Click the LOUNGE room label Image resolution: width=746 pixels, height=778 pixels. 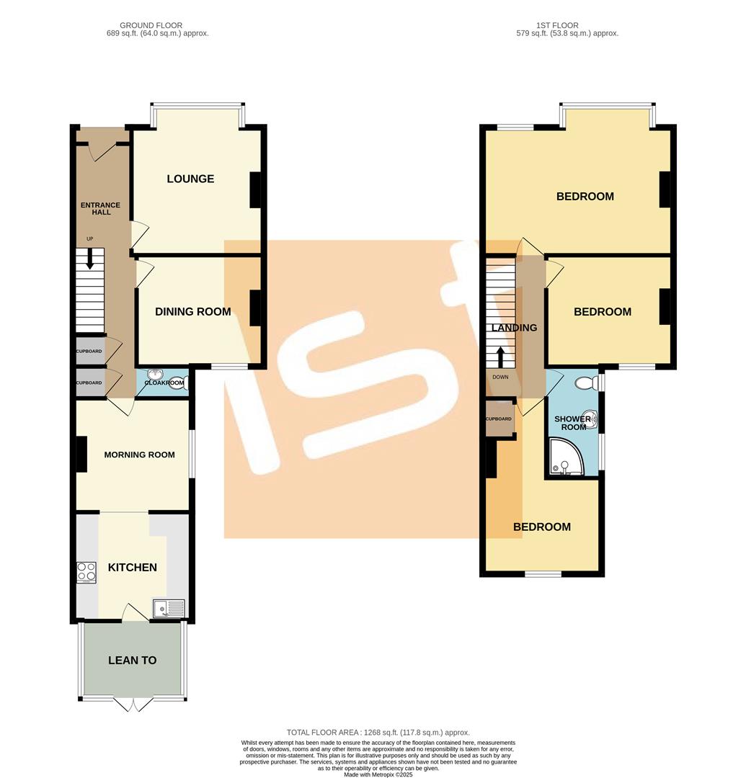190,179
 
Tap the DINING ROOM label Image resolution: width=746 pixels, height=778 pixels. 193,311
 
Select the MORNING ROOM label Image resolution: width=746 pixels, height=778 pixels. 139,455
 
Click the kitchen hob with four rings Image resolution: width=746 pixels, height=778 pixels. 86,572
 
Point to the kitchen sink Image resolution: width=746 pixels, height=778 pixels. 169,609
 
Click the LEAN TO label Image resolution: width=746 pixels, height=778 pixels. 132,660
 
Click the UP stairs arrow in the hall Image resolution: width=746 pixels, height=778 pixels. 90,258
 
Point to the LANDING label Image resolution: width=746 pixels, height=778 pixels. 514,328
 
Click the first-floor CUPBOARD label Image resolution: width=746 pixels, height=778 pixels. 498,419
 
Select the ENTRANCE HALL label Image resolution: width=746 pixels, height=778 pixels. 100,209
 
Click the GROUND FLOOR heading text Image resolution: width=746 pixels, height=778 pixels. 152,25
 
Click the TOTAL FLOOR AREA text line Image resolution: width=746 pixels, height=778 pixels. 378,732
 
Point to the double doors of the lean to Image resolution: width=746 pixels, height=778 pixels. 133,705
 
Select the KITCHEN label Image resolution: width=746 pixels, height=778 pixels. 132,567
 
